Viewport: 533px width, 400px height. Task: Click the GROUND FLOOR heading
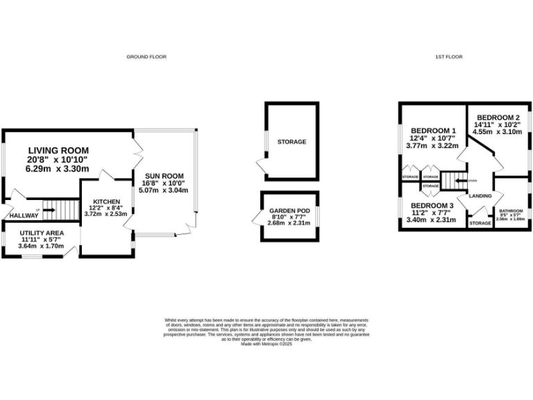[146, 56]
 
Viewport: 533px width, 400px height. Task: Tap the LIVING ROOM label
[58, 150]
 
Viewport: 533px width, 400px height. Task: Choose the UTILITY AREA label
[42, 233]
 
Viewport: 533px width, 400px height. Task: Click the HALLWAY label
[24, 215]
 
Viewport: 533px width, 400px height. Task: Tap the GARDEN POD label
[291, 210]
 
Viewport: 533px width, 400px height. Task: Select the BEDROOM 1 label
[433, 131]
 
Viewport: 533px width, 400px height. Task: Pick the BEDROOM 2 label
[498, 117]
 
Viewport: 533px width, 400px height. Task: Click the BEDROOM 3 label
[432, 206]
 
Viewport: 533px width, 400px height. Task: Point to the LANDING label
[480, 197]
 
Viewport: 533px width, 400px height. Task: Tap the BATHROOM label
[510, 210]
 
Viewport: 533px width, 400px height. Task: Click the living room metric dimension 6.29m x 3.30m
[58, 168]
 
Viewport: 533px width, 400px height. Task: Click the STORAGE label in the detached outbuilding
[291, 142]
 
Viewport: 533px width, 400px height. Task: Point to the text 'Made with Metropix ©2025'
[266, 344]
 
